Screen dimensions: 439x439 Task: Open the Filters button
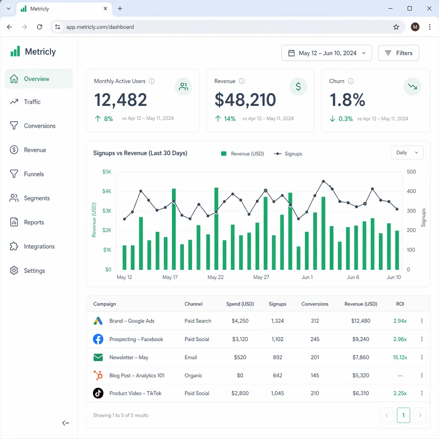click(x=398, y=53)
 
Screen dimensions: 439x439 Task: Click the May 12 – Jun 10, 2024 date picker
click(x=327, y=53)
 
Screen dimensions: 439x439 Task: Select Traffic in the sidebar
click(x=32, y=102)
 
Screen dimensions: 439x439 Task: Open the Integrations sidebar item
click(x=39, y=247)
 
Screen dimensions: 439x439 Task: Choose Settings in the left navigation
click(x=34, y=271)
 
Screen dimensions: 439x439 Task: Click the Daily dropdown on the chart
click(x=407, y=153)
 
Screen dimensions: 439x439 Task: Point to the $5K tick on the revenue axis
click(x=107, y=172)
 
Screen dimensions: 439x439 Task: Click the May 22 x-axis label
click(x=215, y=277)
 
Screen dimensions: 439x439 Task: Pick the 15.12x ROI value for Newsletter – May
click(x=400, y=358)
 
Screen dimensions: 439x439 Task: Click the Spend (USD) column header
click(x=240, y=304)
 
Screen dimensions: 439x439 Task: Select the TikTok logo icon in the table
click(x=98, y=393)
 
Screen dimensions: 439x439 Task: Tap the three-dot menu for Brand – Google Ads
click(x=422, y=321)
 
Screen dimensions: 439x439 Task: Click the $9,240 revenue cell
click(x=361, y=339)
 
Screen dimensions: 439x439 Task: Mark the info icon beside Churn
click(x=351, y=81)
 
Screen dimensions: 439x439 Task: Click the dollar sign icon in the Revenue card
click(x=298, y=87)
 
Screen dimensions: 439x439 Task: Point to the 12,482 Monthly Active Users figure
click(x=120, y=100)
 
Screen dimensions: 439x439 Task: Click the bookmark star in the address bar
click(x=396, y=27)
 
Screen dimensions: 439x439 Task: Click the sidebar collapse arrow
click(x=66, y=423)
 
